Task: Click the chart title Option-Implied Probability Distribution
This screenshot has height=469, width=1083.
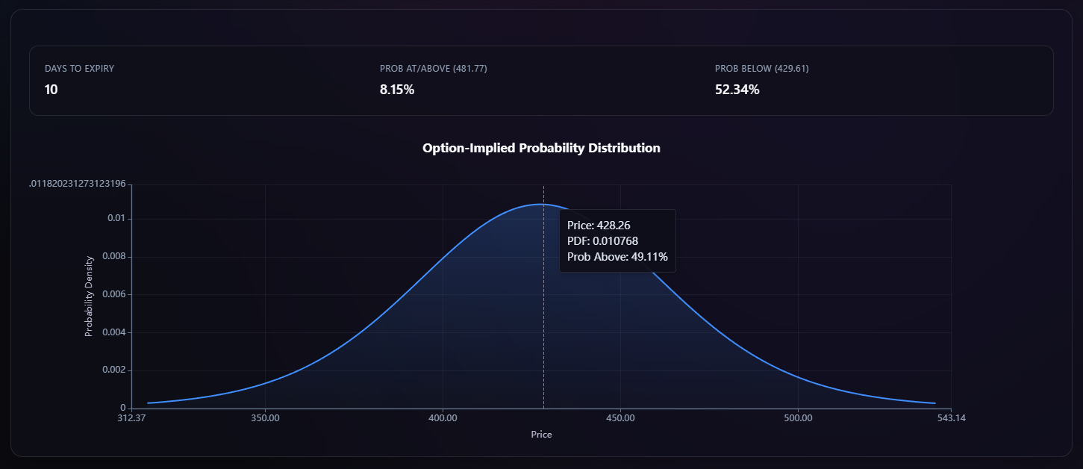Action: coord(541,148)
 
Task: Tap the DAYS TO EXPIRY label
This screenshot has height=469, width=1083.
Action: coord(79,69)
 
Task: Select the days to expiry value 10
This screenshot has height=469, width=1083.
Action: coord(52,90)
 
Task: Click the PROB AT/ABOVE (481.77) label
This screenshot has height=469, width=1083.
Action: coord(433,69)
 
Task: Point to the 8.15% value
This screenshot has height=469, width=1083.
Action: coord(397,90)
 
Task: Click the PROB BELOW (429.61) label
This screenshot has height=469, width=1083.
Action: coord(761,69)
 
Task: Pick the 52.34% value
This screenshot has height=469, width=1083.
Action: coord(737,90)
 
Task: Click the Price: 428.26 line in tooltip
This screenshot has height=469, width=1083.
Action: coord(599,225)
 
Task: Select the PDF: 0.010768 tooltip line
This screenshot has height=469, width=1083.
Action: coord(602,240)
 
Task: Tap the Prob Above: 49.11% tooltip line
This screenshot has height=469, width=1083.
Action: coord(617,257)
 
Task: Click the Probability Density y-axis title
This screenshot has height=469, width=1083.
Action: coord(89,296)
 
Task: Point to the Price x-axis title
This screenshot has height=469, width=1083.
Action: coord(541,434)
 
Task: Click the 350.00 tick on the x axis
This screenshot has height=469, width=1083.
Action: coord(265,418)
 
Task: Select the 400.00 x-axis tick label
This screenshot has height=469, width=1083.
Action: coord(443,418)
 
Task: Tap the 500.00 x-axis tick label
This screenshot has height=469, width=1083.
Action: coord(798,418)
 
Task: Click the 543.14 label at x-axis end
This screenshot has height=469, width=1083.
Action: coord(951,418)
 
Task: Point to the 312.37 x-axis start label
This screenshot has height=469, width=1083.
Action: coord(131,418)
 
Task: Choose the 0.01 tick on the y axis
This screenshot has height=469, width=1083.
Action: coord(116,219)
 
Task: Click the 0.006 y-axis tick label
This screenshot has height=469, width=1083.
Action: coord(113,294)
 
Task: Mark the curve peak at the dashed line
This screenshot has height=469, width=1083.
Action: coord(543,204)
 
